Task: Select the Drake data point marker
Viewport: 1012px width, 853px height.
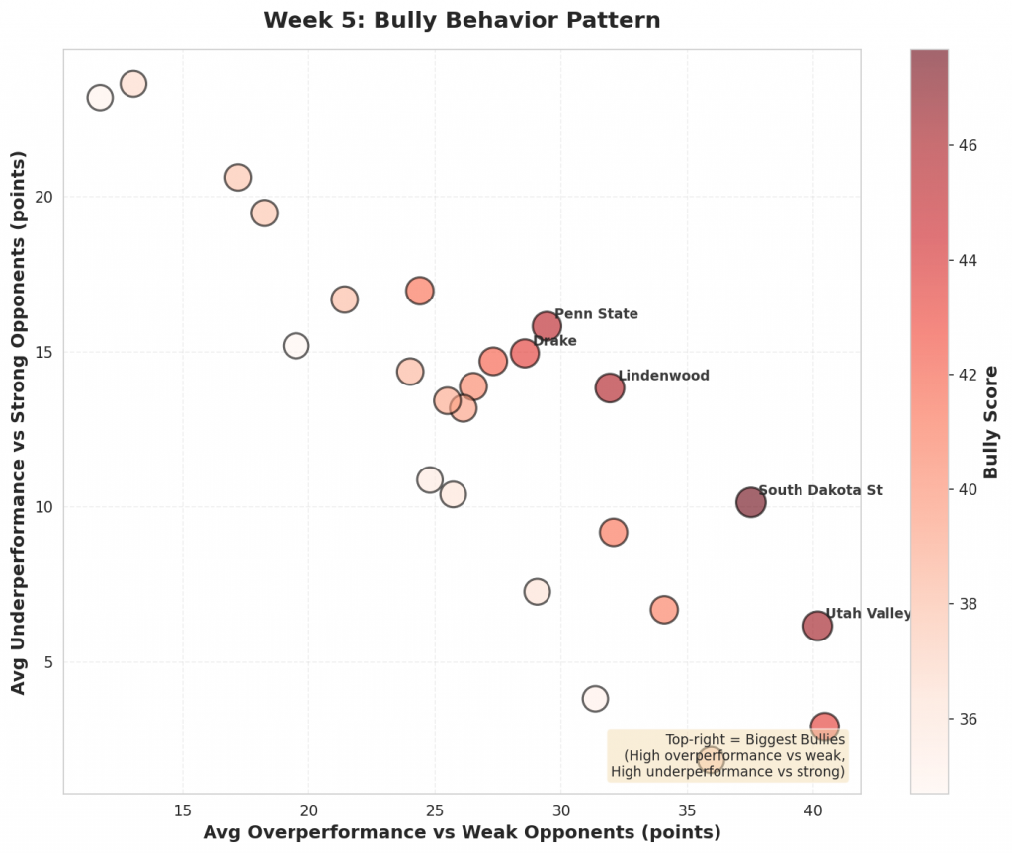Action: [525, 353]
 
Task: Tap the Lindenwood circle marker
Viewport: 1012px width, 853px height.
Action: [610, 387]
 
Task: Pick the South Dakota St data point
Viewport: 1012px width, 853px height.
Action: [751, 502]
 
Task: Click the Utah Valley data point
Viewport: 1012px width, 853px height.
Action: [817, 625]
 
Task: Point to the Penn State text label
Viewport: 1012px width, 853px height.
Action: [596, 314]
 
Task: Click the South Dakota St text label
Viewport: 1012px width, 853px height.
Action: [819, 490]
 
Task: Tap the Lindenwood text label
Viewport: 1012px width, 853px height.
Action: [663, 376]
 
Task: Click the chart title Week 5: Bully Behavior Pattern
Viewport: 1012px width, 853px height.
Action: [462, 20]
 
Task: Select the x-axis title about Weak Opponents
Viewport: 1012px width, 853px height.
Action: [462, 832]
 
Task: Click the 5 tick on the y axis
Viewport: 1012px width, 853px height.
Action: [44, 662]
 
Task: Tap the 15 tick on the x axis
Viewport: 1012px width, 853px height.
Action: [182, 810]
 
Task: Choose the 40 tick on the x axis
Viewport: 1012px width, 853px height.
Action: [812, 810]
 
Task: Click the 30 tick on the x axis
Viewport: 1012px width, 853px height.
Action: [560, 810]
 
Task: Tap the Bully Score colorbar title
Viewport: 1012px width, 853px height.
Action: [992, 422]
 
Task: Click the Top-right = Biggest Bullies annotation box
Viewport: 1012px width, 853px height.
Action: [727, 756]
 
